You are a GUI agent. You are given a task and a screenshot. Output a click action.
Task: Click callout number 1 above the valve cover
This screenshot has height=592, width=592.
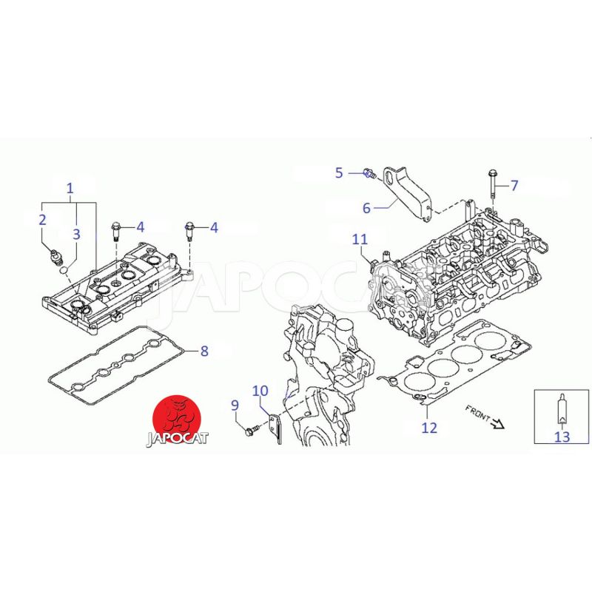[x=70, y=188]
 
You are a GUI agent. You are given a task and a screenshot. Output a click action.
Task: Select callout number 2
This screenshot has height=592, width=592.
[x=42, y=219]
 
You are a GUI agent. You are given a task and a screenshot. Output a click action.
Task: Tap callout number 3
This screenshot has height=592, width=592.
[x=76, y=234]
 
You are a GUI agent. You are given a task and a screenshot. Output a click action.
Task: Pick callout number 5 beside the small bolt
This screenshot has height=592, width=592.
[x=339, y=173]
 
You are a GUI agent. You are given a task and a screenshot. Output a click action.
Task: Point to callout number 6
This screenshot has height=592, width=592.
[x=366, y=208]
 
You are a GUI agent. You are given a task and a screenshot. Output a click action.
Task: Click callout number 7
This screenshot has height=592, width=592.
[x=514, y=186]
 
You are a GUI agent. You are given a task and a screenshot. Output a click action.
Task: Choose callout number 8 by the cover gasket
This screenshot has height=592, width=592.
[x=204, y=351]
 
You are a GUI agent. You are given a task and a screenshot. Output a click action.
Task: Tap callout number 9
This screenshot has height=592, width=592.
[x=235, y=406]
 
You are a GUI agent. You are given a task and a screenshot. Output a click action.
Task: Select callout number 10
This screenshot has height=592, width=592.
[x=260, y=391]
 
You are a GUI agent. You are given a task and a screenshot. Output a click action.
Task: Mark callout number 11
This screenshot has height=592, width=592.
[x=360, y=239]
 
